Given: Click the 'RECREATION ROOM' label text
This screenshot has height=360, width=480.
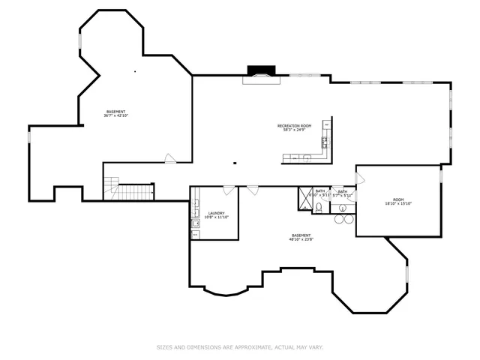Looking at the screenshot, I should coord(294,125).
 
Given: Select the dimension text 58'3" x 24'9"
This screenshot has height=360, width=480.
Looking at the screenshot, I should coord(294,130).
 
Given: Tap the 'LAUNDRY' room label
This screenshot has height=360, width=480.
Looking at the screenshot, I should coord(217,214).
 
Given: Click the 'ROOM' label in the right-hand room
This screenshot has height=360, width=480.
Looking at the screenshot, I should coord(398,199).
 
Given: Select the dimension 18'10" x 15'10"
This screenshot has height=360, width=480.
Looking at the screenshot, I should coord(398,204).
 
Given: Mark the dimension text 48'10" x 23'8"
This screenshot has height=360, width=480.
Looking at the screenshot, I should coord(301,240).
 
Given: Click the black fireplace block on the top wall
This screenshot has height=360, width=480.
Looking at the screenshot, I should coord(260,70).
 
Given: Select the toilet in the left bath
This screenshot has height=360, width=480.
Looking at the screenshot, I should coord(319,208).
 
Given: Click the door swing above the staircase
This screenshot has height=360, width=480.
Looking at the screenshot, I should coord(171,158).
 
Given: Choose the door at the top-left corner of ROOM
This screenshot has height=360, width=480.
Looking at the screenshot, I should coord(360,178).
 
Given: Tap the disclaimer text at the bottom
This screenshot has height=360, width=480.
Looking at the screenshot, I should coord(239,347).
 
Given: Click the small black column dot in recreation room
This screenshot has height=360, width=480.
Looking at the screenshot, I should coord(235,162).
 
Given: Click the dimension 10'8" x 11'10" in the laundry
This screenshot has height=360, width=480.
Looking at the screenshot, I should coord(217,218).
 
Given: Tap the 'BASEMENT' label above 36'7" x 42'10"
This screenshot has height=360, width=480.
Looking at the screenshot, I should coord(115,112).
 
